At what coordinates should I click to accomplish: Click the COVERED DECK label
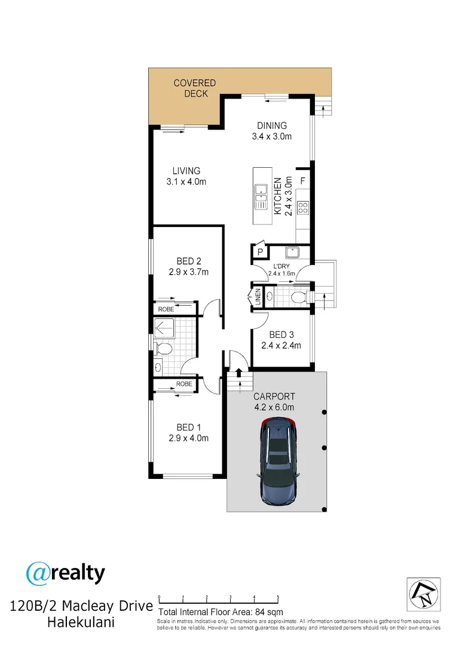click(194, 88)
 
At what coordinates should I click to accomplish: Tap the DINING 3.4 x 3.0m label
click(272, 131)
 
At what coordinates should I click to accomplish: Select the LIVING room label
click(186, 176)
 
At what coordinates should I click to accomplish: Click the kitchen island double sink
click(261, 197)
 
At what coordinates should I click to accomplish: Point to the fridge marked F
click(302, 180)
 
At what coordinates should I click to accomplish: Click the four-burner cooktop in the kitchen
click(303, 208)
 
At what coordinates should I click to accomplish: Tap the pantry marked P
click(260, 253)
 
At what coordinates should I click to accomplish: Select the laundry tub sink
click(292, 251)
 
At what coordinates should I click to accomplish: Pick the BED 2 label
click(188, 266)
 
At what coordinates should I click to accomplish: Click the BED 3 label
click(280, 340)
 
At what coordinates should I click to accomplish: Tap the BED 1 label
click(188, 432)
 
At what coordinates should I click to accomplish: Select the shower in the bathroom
click(166, 328)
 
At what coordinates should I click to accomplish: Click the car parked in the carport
click(279, 461)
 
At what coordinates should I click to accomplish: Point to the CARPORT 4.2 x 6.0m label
click(274, 402)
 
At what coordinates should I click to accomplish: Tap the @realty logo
click(66, 573)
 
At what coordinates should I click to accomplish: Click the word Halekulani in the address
click(81, 623)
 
